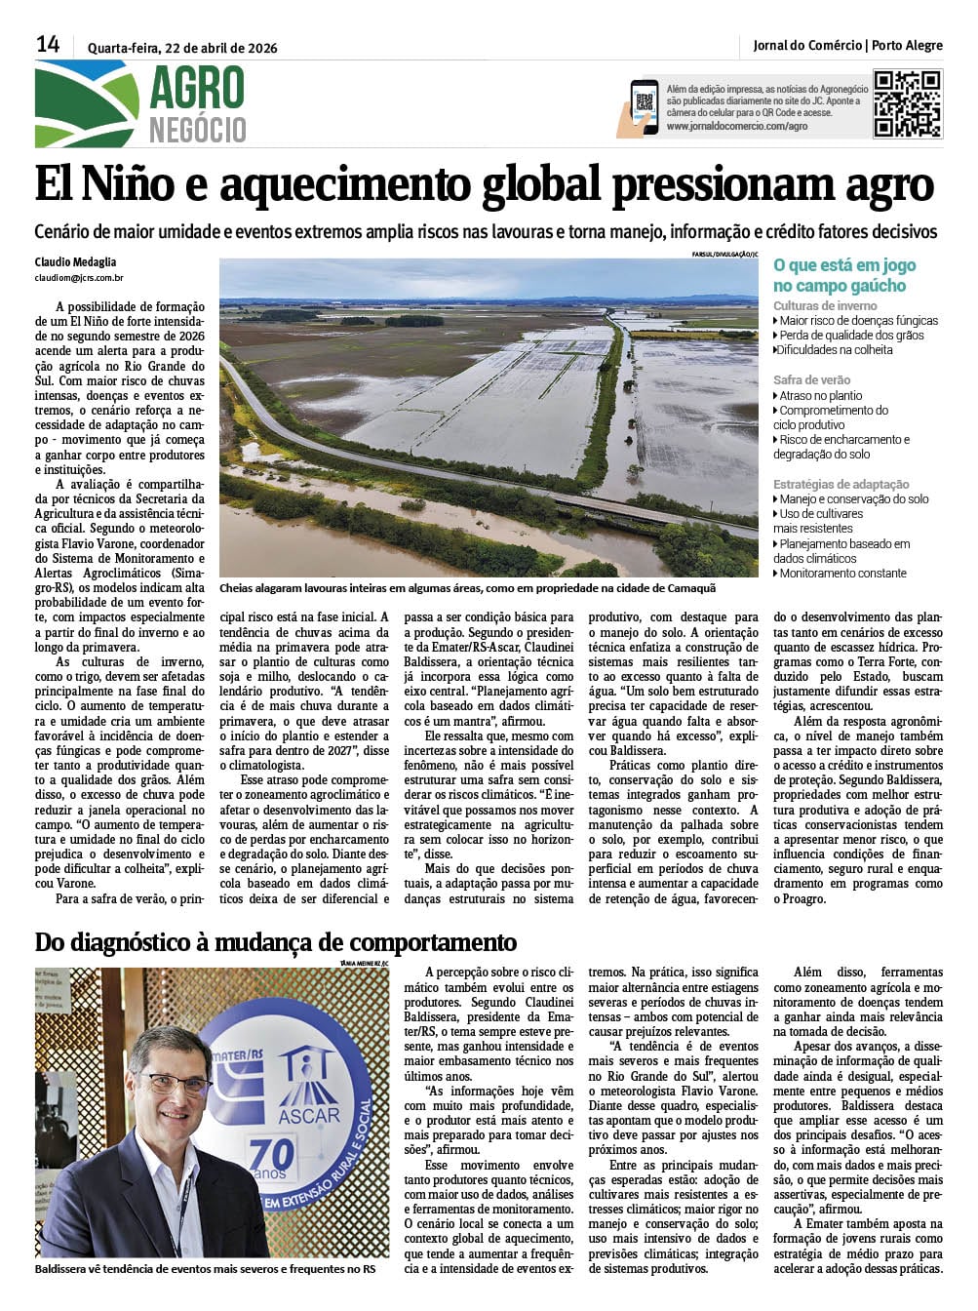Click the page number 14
click(48, 44)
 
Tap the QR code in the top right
click(907, 103)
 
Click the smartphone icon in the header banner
click(643, 105)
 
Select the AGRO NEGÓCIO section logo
click(141, 103)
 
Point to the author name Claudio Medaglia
click(75, 262)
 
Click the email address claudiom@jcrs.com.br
click(79, 278)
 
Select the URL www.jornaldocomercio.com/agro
click(737, 126)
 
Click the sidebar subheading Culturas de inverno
click(825, 305)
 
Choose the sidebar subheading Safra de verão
click(811, 379)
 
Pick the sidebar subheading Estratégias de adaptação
click(841, 484)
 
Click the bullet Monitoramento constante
click(842, 574)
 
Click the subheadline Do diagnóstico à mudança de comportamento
click(275, 942)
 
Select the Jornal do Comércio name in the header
click(807, 45)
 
